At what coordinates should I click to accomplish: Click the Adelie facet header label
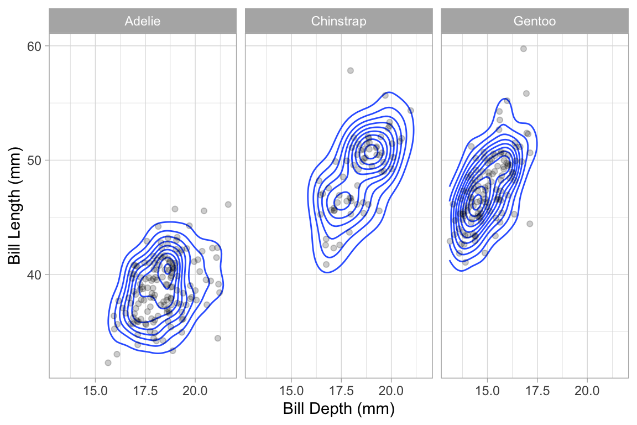pos(143,22)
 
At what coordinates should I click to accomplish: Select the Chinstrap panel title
pos(338,22)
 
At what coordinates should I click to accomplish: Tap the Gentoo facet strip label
pos(534,22)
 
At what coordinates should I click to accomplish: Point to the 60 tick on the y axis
pos(35,46)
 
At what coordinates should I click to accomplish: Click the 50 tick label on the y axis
pos(35,160)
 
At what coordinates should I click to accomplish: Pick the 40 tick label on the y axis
pos(35,274)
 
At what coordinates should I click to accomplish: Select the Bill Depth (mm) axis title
pos(338,410)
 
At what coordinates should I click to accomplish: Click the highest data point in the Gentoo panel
pos(523,49)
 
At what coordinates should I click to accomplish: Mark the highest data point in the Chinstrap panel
pos(350,70)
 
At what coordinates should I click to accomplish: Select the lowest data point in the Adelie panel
pos(108,362)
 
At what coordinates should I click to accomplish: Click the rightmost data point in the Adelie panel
pos(228,204)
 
